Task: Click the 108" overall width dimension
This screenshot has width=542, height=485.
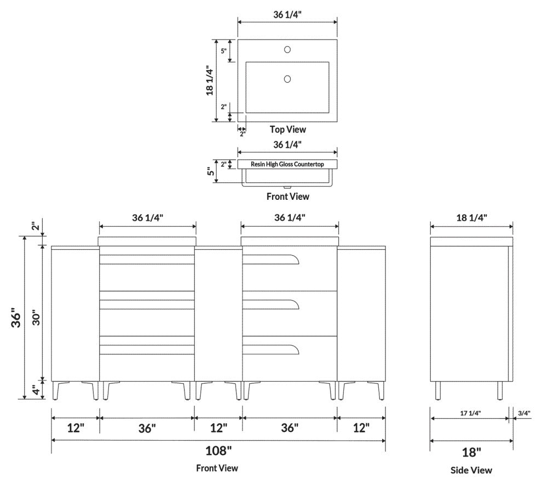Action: [218, 452]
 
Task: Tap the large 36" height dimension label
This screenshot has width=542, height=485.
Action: [16, 318]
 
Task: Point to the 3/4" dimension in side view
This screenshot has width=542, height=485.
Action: [524, 413]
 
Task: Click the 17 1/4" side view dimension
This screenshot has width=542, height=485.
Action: [471, 413]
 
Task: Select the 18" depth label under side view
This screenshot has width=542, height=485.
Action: [471, 452]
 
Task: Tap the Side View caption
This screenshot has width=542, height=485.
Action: [471, 470]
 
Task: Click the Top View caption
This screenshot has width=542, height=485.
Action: [287, 130]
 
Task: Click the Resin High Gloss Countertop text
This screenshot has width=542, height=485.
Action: [287, 164]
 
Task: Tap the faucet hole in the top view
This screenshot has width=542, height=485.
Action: [287, 50]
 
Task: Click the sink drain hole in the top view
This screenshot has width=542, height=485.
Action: [287, 79]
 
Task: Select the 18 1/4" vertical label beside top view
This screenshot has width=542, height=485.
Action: [209, 80]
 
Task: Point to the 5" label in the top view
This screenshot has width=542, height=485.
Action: [223, 50]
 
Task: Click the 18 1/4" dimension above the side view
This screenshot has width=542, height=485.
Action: [471, 217]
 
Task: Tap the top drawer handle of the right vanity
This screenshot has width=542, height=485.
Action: [271, 259]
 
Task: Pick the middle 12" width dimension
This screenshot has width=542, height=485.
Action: [218, 427]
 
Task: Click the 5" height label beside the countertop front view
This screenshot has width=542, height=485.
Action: [210, 171]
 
